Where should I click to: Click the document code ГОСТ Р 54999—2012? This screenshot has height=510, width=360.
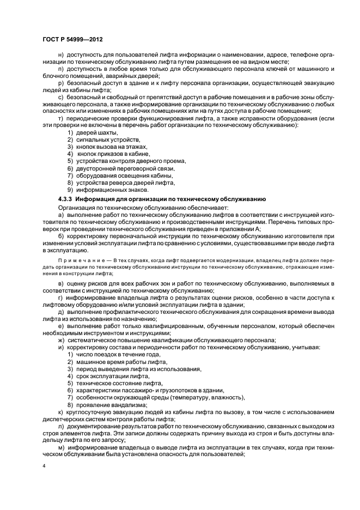(x=73, y=40)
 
